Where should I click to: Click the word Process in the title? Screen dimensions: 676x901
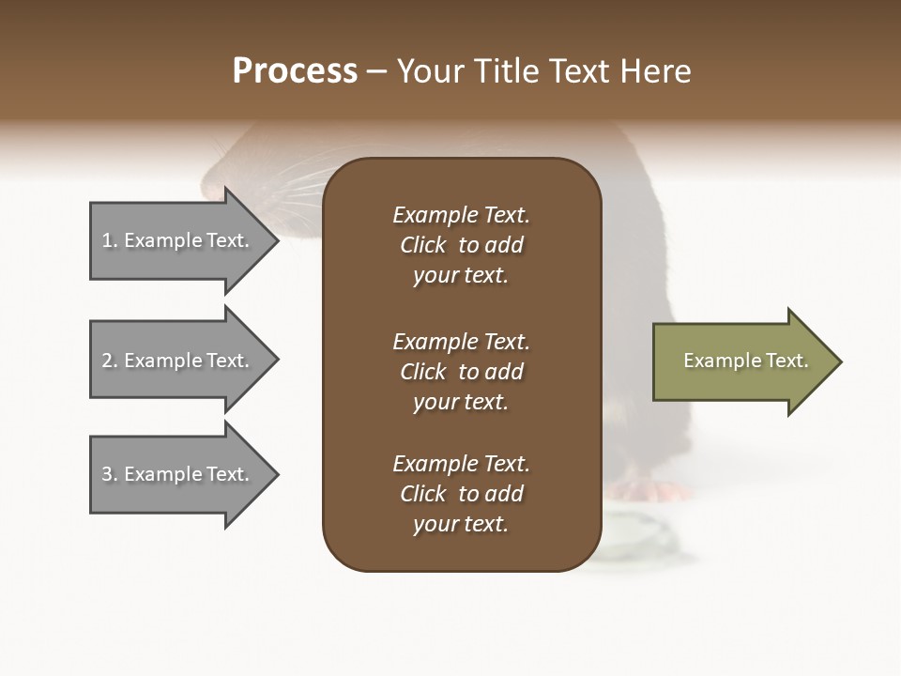coord(295,71)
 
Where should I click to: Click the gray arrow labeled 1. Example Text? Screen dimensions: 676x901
coord(178,240)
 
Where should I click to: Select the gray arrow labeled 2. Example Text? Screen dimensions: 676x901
coord(178,361)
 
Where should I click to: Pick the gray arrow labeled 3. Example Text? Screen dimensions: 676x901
coord(178,474)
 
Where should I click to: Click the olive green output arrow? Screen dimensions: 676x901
coord(741,361)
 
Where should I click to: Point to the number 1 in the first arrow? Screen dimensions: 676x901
coord(108,240)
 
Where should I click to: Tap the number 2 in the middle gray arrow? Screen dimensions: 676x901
coord(108,361)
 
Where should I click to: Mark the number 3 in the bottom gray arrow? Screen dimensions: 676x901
coord(108,474)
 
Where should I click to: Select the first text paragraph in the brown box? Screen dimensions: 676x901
coord(461,245)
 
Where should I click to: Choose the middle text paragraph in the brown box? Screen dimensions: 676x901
coord(461,372)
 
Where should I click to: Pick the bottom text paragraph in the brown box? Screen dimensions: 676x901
coord(461,494)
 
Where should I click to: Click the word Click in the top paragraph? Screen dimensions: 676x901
coord(422,245)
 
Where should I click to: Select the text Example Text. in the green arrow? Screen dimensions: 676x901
coord(745,361)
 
